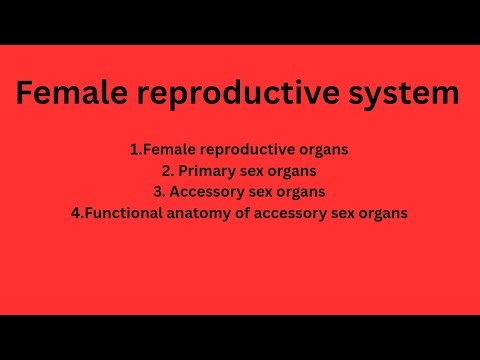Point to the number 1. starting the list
coord(135,149)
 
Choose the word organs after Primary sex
coord(290,171)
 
